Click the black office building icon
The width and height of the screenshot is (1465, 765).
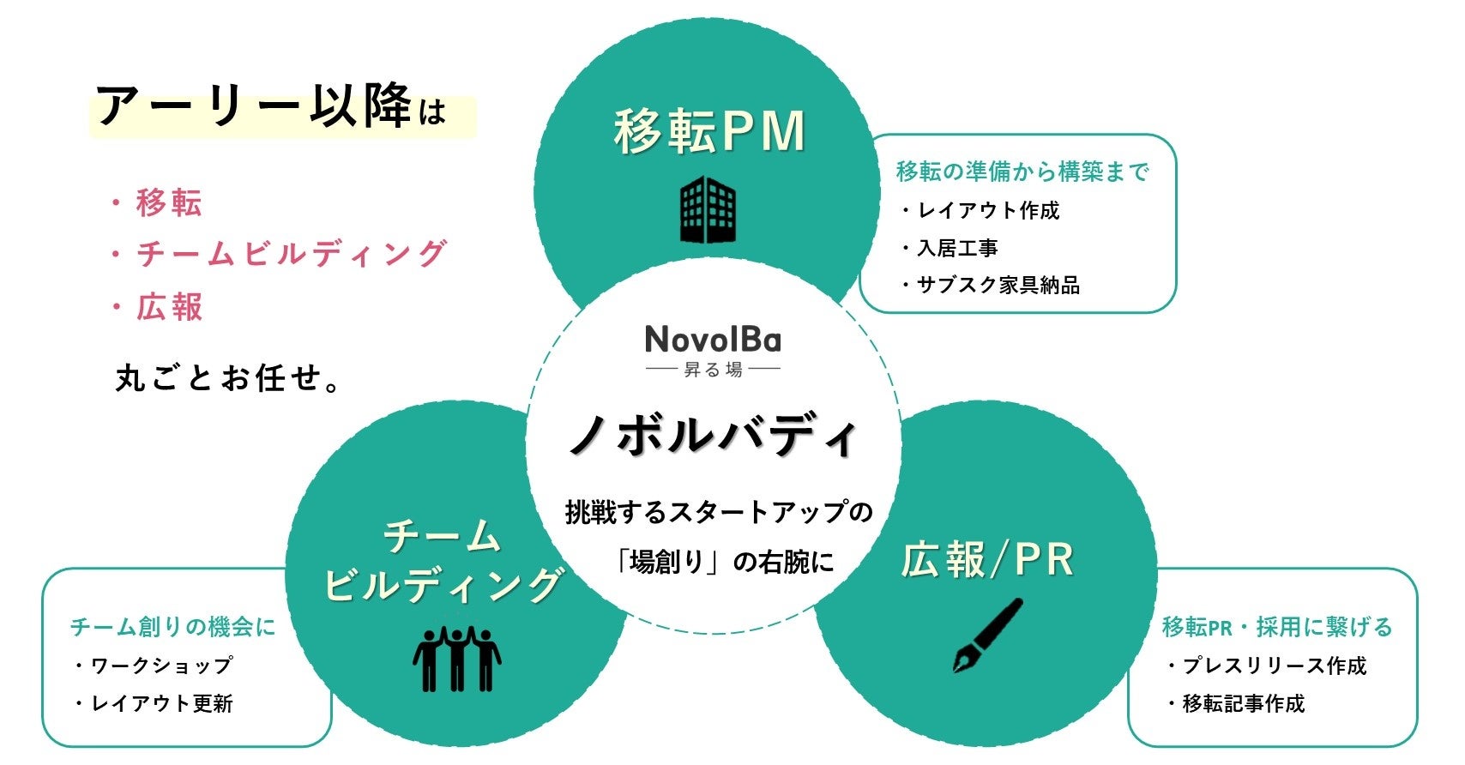click(708, 209)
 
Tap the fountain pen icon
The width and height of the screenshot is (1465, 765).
click(988, 635)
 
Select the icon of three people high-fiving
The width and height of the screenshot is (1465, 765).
click(456, 659)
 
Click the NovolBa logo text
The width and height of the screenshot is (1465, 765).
click(713, 340)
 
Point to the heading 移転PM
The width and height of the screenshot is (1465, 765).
click(709, 132)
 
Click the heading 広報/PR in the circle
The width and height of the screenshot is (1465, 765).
click(987, 559)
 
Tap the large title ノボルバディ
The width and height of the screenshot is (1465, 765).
click(713, 436)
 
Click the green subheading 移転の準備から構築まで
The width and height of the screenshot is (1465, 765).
click(1022, 172)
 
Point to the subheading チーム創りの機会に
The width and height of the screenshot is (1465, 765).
click(173, 627)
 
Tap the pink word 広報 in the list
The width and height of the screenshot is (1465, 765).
click(169, 307)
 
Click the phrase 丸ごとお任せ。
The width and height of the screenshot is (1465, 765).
click(228, 377)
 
